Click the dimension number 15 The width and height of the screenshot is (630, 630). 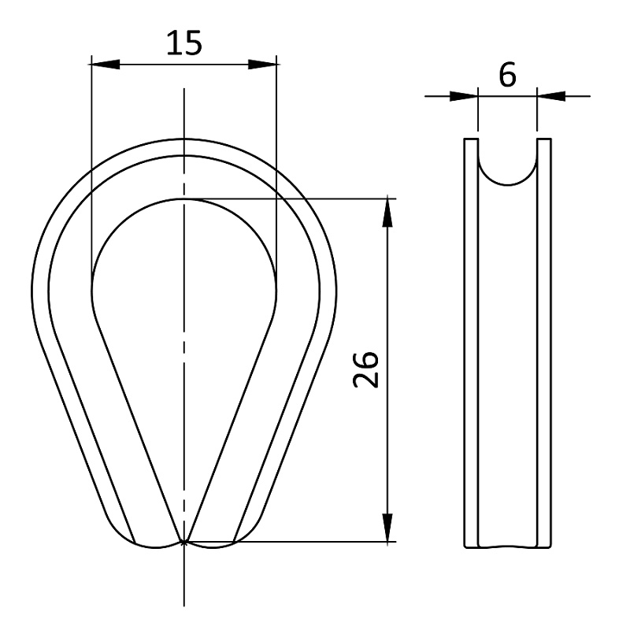[x=184, y=43]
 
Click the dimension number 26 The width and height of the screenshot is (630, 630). [x=366, y=369]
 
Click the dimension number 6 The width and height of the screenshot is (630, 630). [x=507, y=75]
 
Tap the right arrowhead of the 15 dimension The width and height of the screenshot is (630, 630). [x=262, y=65]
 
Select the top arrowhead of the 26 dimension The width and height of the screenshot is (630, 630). [x=387, y=213]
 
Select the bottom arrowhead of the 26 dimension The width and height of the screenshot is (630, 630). [x=387, y=527]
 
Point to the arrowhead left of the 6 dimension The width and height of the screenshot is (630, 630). [x=464, y=96]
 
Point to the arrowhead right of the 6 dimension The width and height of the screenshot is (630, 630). [x=551, y=96]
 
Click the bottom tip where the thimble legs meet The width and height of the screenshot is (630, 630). [x=183, y=543]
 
